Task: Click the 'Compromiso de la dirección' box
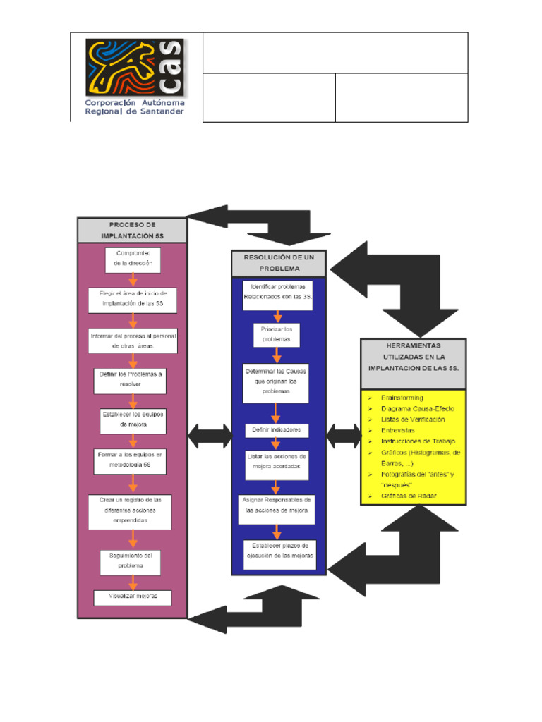pyautogui.click(x=133, y=259)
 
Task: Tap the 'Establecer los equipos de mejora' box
pyautogui.click(x=133, y=421)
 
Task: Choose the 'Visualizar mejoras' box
pyautogui.click(x=133, y=597)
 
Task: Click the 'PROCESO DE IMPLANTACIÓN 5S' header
pyautogui.click(x=132, y=230)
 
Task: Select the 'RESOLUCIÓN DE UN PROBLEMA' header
pyautogui.click(x=279, y=264)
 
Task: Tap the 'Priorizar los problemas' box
pyautogui.click(x=277, y=334)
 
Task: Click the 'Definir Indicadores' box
pyautogui.click(x=276, y=429)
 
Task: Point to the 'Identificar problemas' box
pyautogui.click(x=277, y=292)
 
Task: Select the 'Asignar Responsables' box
pyautogui.click(x=276, y=505)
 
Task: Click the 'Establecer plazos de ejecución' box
pyautogui.click(x=279, y=551)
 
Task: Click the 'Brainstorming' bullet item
pyautogui.click(x=402, y=398)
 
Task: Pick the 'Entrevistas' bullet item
pyautogui.click(x=397, y=430)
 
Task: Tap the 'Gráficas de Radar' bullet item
pyautogui.click(x=408, y=496)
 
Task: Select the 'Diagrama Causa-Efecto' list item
pyautogui.click(x=417, y=409)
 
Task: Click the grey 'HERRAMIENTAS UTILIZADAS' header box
pyautogui.click(x=413, y=363)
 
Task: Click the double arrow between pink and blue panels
pyautogui.click(x=210, y=436)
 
